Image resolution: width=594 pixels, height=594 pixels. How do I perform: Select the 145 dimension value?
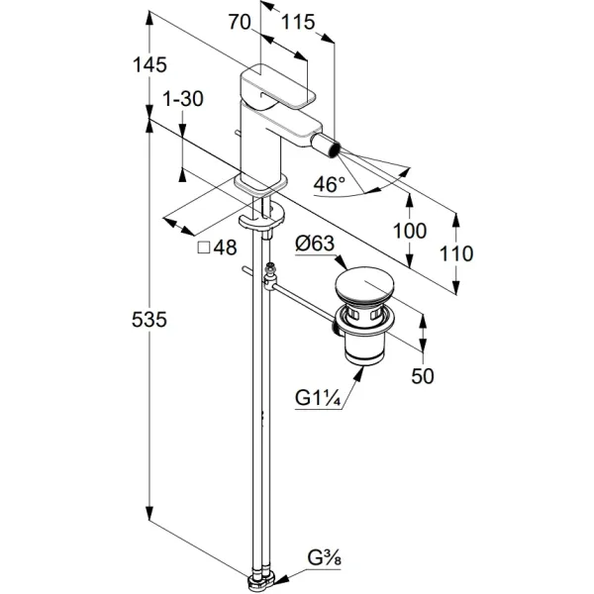coord(152,64)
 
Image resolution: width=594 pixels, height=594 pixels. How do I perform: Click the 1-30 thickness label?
coord(184,99)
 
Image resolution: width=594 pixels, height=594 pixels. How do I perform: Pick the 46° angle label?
coord(330,184)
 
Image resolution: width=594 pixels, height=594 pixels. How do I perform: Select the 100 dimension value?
coord(409,231)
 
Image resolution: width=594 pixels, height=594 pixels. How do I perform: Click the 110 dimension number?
coord(456,252)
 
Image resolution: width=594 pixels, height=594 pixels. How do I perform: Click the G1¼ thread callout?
coord(317,398)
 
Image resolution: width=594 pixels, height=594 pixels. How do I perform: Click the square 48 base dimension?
coord(218,248)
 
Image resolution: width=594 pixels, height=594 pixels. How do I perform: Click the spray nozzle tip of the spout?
coord(338,149)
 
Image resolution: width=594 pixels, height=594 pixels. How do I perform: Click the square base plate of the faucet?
coord(259,184)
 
